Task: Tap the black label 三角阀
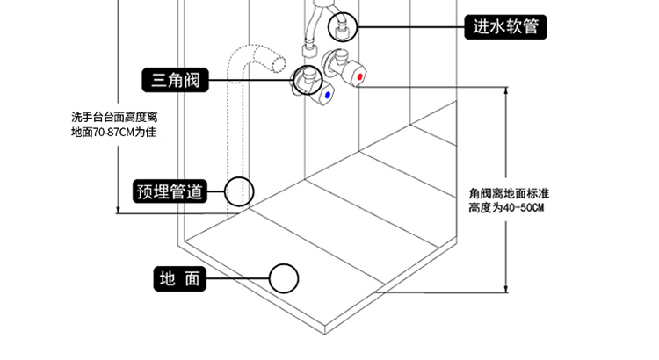176,82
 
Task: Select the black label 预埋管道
170,191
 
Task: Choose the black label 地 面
180,279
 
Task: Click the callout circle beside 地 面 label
284,279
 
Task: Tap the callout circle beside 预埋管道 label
238,191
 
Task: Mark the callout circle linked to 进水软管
342,28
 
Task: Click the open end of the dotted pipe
276,64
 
